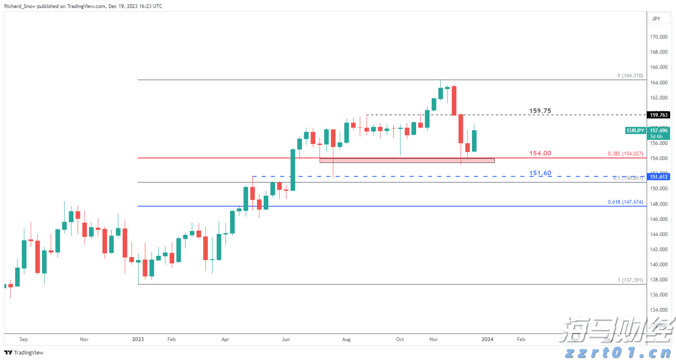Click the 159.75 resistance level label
[540, 111]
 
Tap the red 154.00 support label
[540, 153]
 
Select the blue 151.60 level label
[540, 173]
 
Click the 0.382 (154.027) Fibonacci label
[625, 154]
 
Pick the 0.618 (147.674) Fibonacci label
[625, 202]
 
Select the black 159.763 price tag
[658, 115]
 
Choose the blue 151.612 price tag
[658, 177]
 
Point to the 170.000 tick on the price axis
[658, 37]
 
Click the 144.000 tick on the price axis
[658, 234]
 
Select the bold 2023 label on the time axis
[138, 339]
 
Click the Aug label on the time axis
[346, 339]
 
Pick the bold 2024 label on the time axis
[488, 339]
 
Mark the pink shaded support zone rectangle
[407, 160]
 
